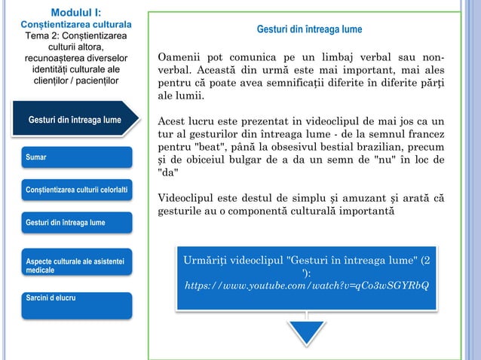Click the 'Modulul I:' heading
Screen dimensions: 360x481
(x=73, y=12)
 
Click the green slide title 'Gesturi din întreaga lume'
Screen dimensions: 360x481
(x=309, y=29)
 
